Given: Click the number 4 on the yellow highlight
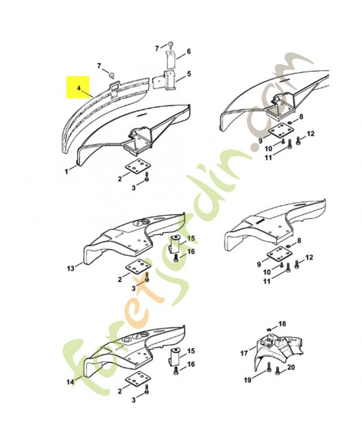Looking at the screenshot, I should tap(79, 88).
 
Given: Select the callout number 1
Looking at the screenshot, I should tap(67, 171).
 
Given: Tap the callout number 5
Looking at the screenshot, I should tap(188, 73).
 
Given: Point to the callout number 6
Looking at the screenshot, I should tap(188, 51).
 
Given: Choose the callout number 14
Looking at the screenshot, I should tap(71, 382).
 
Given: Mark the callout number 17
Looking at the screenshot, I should tap(243, 353).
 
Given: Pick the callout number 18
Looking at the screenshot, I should tap(282, 323).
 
